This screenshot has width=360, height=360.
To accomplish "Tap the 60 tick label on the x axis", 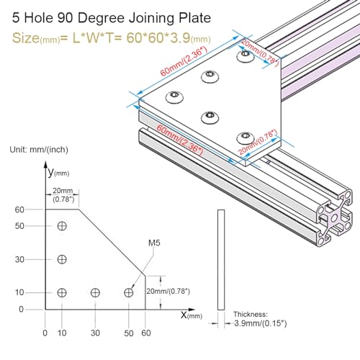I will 147,333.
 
